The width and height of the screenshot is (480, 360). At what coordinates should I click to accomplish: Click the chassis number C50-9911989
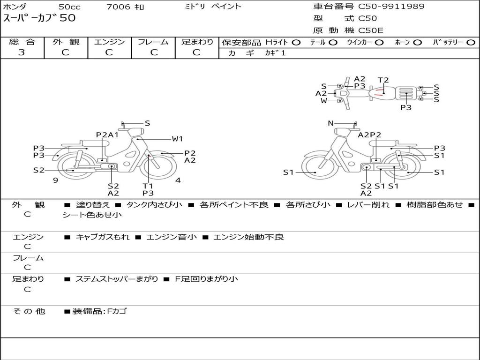coord(391,6)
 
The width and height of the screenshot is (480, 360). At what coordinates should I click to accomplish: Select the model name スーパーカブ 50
coord(39,18)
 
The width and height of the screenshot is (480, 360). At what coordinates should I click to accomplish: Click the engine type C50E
coord(371,30)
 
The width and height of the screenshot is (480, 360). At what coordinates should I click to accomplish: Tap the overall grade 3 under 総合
coord(22,52)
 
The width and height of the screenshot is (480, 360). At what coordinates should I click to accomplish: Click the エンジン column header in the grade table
coord(109,42)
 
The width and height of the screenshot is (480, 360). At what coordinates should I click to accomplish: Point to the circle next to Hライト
coord(296,43)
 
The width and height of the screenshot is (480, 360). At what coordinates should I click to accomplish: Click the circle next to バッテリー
coord(471,43)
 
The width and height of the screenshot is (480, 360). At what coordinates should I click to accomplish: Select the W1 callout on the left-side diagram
coord(177,139)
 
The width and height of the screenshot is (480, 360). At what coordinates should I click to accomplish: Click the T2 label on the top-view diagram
coord(383,80)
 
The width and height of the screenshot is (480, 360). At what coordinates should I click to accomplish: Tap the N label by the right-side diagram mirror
coord(330,123)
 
